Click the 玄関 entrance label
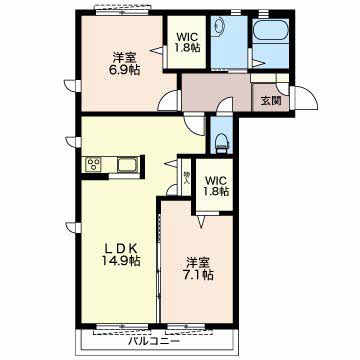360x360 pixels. pyautogui.click(x=270, y=101)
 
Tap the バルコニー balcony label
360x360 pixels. pyautogui.click(x=154, y=341)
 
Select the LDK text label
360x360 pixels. pyautogui.click(x=120, y=248)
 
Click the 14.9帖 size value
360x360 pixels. pyautogui.click(x=121, y=260)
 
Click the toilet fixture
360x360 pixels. pyautogui.click(x=222, y=143)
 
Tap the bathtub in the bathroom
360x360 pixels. pyautogui.click(x=270, y=32)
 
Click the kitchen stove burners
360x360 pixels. pyautogui.click(x=93, y=164)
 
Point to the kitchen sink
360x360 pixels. pyautogui.click(x=126, y=164)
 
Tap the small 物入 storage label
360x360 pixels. pyautogui.click(x=186, y=178)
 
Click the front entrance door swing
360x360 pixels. pyautogui.click(x=304, y=97)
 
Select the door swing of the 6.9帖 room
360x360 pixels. pyautogui.click(x=170, y=100)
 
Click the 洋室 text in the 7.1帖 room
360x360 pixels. pyautogui.click(x=198, y=263)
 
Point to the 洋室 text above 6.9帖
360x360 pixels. pyautogui.click(x=124, y=58)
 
